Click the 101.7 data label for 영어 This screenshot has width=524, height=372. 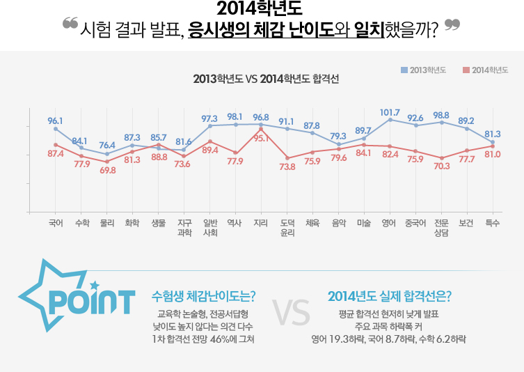390,112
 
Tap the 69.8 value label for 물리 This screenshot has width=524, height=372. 107,171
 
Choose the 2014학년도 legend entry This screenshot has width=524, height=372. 485,70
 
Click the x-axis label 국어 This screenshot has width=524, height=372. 56,223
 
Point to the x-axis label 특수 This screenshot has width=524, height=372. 493,223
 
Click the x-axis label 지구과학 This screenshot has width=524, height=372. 184,228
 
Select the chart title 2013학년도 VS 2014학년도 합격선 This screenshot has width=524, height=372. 266,79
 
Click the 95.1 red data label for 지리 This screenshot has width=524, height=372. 261,138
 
